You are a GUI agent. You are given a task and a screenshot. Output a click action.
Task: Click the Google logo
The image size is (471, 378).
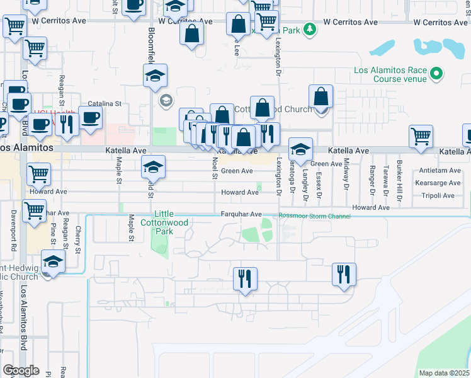click(x=21, y=370)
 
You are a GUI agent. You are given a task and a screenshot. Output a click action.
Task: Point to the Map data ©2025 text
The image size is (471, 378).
click(x=444, y=373)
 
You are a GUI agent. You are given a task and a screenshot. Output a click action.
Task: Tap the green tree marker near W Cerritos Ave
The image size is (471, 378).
click(x=309, y=29)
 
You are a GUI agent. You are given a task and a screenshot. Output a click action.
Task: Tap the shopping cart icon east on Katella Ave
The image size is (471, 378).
click(x=420, y=136)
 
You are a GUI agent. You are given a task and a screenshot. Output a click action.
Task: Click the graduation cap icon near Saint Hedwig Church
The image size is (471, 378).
click(x=53, y=261)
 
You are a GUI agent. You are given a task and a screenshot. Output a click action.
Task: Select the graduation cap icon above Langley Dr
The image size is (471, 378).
click(x=300, y=149)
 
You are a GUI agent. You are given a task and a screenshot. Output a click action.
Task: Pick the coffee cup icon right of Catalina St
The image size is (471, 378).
click(x=91, y=117)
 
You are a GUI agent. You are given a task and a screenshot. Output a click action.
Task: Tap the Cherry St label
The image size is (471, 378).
click(x=78, y=239)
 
